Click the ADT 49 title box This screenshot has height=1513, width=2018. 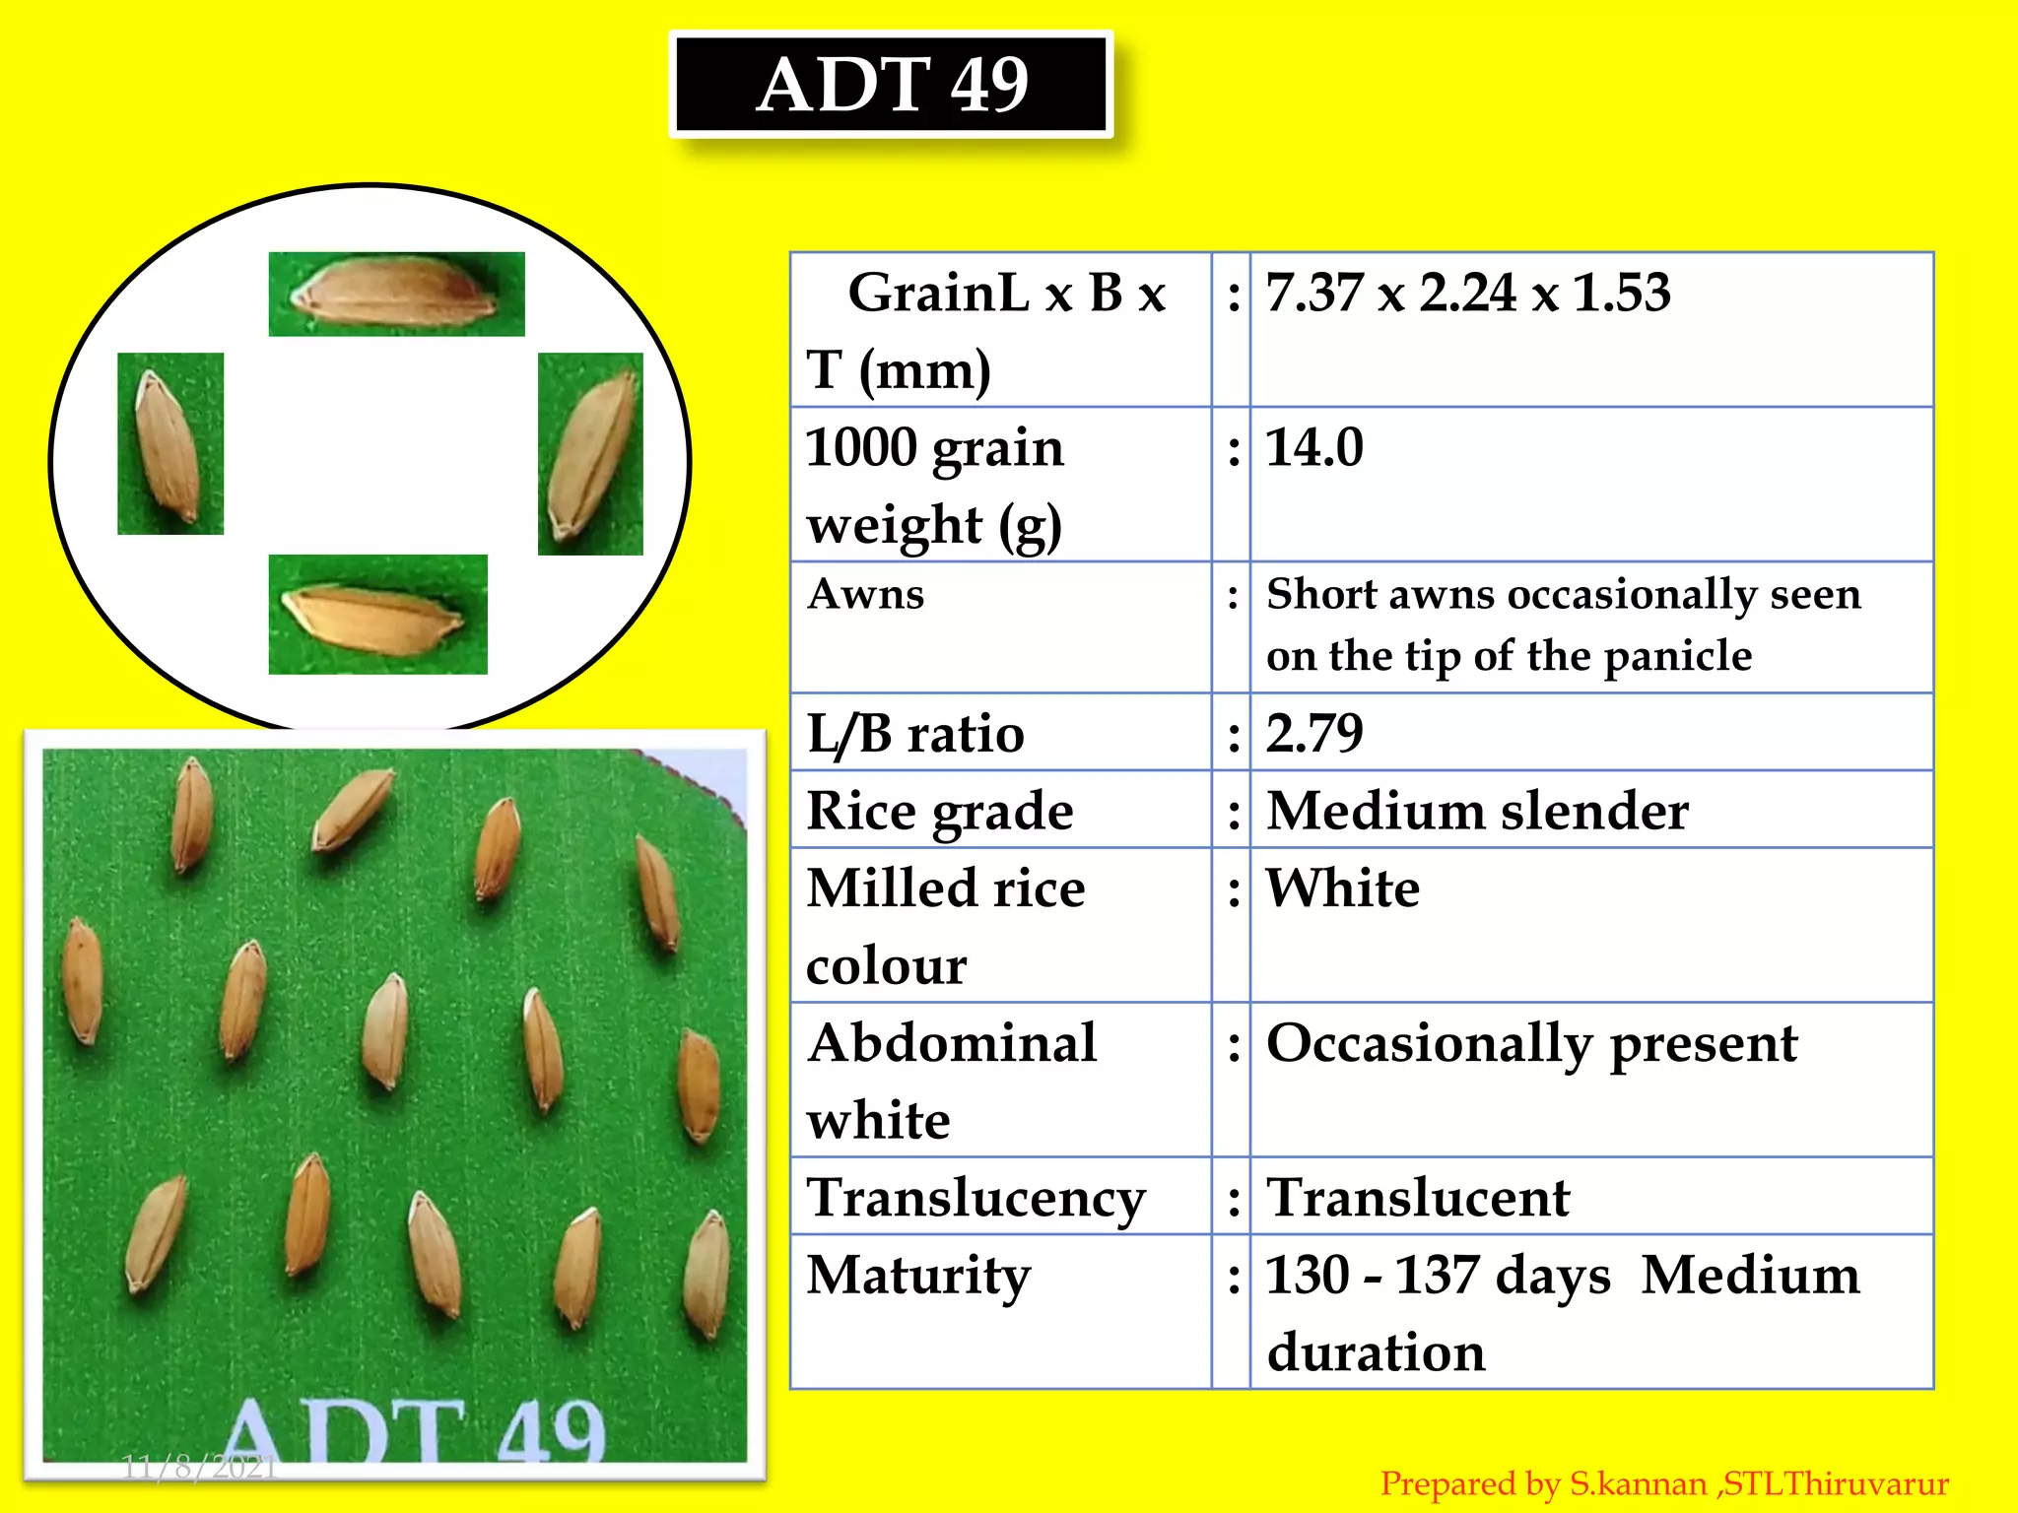pos(892,85)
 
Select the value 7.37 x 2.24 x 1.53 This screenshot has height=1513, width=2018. pos(1467,294)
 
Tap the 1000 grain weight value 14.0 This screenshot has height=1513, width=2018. pos(1313,448)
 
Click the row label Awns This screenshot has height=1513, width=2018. pos(865,594)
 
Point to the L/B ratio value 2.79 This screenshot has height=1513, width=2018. pos(1313,734)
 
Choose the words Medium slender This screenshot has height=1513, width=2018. pos(1476,812)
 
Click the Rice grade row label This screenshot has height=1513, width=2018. pos(939,812)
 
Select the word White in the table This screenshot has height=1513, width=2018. pos(1342,888)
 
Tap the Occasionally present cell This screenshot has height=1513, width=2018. pos(1531,1044)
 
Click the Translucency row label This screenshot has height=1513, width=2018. pos(975,1199)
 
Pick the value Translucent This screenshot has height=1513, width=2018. pos(1417,1199)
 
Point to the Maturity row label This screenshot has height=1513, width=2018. pos(918,1276)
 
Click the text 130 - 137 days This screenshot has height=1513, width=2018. pos(1437,1276)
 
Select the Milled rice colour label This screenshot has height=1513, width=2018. pos(945,926)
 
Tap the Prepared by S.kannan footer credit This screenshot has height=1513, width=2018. pos(1663,1483)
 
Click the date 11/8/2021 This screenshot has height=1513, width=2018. pos(199,1468)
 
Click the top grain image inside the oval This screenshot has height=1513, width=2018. pos(396,294)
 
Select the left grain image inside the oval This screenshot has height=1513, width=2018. pos(170,443)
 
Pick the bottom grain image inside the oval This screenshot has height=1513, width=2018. pos(377,615)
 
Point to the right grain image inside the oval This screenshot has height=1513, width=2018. pos(590,454)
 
